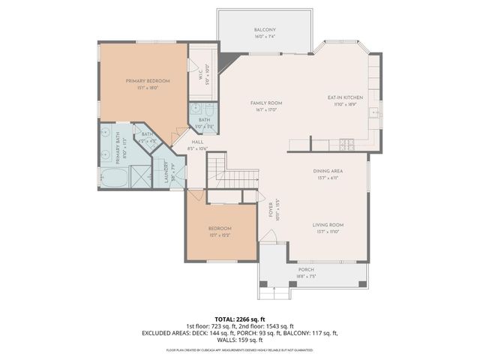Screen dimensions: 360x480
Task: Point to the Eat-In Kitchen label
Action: click(x=345, y=97)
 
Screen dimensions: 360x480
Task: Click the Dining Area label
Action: click(x=328, y=171)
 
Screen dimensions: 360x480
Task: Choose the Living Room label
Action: click(x=328, y=224)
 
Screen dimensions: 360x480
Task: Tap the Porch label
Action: click(x=306, y=269)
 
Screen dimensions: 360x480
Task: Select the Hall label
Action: click(x=197, y=142)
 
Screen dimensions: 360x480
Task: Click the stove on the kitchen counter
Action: click(x=346, y=142)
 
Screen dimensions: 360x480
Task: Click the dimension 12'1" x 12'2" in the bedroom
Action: click(x=220, y=235)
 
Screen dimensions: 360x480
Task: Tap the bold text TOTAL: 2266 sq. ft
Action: click(x=240, y=318)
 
